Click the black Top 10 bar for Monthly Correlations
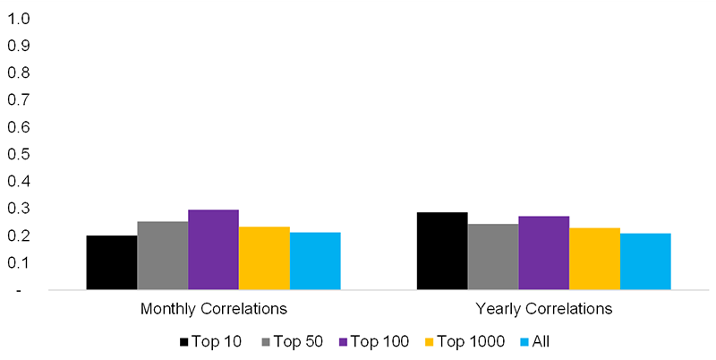[x=111, y=262]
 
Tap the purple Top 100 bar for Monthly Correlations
[x=213, y=250]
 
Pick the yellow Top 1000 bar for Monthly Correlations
[x=264, y=258]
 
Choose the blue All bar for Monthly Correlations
[x=315, y=261]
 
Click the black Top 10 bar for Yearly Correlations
[x=442, y=251]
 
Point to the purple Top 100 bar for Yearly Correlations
[x=544, y=253]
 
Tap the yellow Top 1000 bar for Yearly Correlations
[x=594, y=259]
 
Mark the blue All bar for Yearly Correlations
[x=645, y=261]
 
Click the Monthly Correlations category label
[x=213, y=309]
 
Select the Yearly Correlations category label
[x=544, y=309]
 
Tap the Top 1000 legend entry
[x=469, y=341]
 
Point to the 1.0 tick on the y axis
[x=19, y=18]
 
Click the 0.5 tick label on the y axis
[x=19, y=154]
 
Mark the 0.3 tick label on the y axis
[x=19, y=209]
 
